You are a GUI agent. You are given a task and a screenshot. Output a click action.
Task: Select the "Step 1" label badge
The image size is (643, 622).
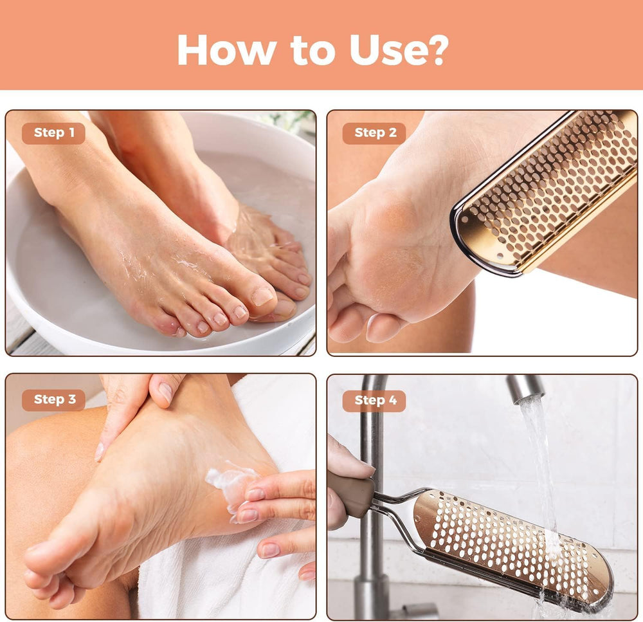53,133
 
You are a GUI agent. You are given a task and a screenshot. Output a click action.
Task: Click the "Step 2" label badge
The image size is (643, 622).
374,133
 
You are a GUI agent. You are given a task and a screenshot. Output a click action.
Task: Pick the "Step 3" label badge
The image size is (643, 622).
54,399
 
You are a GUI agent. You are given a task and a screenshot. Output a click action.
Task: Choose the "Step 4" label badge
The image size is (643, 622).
374,401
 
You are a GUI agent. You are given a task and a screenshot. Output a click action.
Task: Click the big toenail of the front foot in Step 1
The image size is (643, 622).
262,297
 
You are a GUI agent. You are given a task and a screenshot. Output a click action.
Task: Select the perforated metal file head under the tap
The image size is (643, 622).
512,545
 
